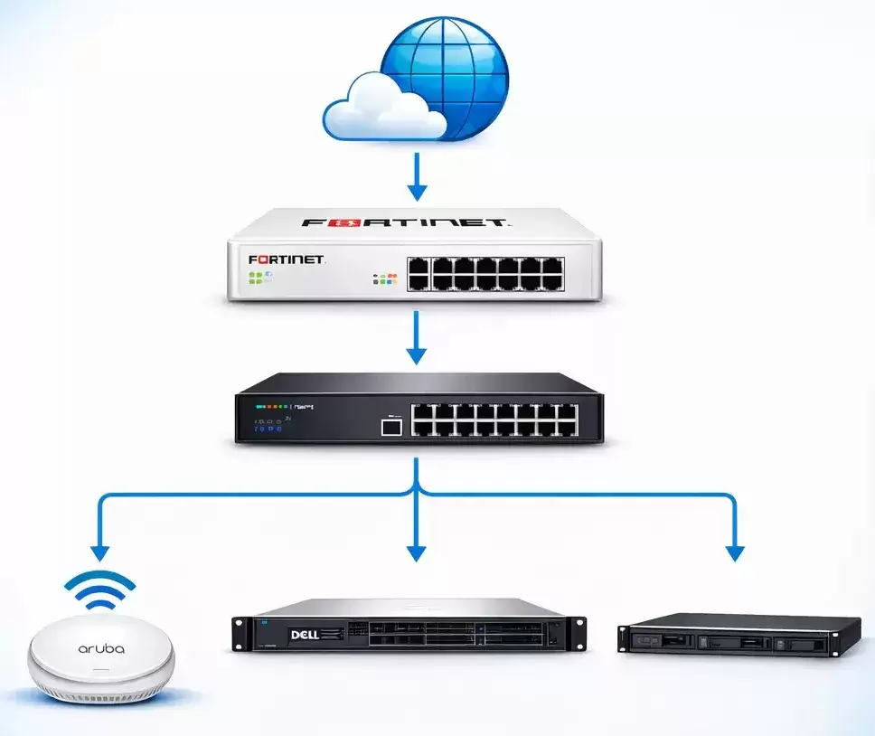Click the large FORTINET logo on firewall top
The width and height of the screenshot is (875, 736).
(x=405, y=222)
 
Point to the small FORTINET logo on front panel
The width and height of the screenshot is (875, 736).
(x=287, y=259)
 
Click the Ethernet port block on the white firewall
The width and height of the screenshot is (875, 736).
(x=486, y=272)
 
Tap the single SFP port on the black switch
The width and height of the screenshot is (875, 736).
(x=390, y=426)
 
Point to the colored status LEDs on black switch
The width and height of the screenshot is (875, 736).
(x=271, y=408)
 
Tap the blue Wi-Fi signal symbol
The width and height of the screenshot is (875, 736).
(x=100, y=592)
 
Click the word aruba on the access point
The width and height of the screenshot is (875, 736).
(x=101, y=648)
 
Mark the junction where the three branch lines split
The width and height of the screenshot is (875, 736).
(x=417, y=494)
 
